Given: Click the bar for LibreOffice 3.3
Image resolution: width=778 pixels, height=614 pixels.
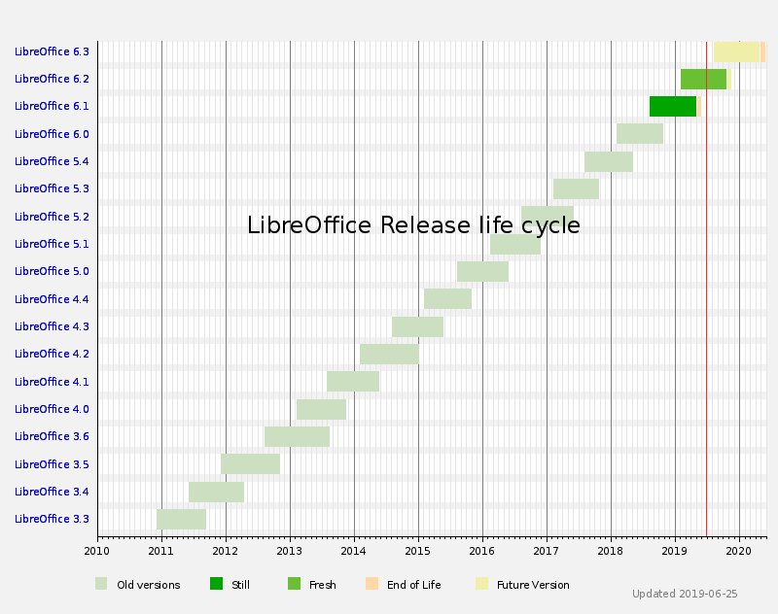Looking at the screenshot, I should click(x=181, y=519).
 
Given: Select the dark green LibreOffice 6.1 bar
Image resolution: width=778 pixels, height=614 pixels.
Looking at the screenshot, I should click(x=673, y=106).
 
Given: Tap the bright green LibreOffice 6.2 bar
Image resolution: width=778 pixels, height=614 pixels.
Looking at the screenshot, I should click(x=703, y=79).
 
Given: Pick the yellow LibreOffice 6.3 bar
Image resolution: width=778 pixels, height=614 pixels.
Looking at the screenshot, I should click(x=736, y=51).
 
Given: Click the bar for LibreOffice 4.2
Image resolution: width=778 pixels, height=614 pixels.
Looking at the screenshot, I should click(x=389, y=354).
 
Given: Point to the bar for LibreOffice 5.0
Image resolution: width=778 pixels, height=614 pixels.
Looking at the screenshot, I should click(x=482, y=271).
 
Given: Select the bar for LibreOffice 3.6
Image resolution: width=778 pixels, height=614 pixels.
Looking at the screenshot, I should click(x=297, y=436).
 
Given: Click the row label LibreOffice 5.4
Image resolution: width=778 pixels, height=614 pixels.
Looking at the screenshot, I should click(x=52, y=161).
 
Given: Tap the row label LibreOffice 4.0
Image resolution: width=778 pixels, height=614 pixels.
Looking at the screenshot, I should click(x=52, y=409).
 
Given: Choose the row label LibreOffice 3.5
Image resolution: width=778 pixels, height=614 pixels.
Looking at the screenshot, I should click(x=52, y=464).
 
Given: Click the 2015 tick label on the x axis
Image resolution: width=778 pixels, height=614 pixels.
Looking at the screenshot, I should click(x=418, y=552).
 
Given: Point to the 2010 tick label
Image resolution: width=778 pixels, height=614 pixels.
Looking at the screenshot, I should click(x=97, y=552).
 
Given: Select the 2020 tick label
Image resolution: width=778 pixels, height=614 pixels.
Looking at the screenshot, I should click(x=739, y=552).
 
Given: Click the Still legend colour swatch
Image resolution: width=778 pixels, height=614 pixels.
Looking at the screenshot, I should click(x=216, y=584).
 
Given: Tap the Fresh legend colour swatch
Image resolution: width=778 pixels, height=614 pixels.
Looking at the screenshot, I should click(x=294, y=584).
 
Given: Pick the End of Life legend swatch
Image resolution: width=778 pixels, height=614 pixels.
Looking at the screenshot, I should click(x=371, y=584).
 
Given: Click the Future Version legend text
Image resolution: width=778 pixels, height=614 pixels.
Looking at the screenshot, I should click(x=533, y=585).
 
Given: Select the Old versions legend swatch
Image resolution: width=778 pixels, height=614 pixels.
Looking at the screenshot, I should click(x=101, y=584).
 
